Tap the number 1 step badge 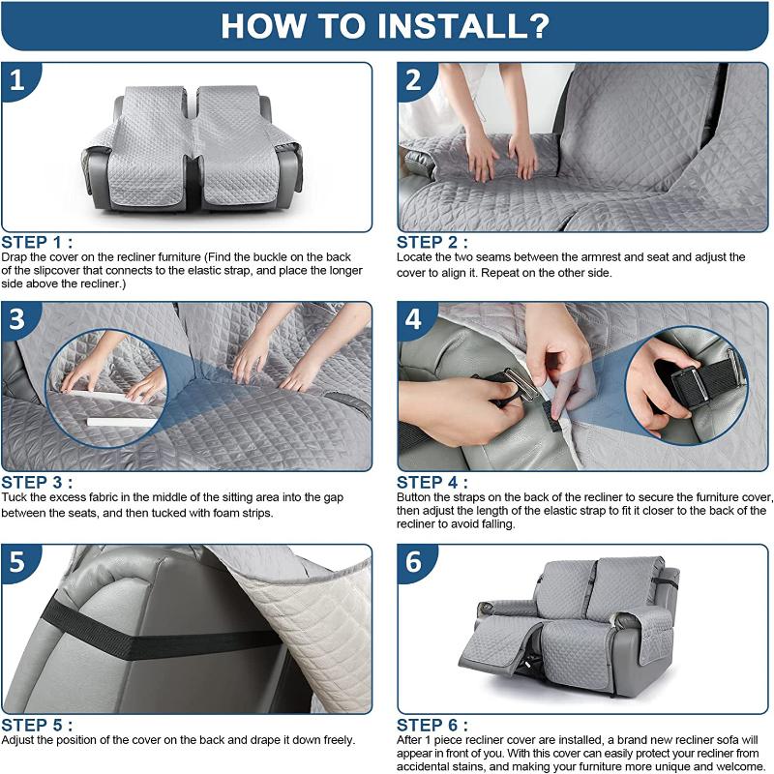click(17, 80)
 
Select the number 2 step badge click(414, 80)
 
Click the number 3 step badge click(17, 319)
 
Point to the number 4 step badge click(414, 319)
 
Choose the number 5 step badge click(17, 562)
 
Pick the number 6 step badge click(414, 562)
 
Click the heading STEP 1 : click(37, 243)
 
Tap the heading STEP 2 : click(432, 243)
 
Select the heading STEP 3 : click(37, 482)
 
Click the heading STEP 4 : click(432, 482)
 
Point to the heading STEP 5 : click(37, 725)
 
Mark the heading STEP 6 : click(432, 725)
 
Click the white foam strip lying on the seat click(121, 423)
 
